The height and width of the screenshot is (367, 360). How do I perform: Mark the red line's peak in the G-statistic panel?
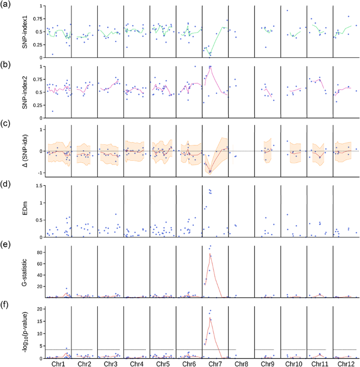[x=210, y=255]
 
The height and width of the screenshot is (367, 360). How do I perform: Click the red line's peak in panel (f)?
[x=210, y=318]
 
